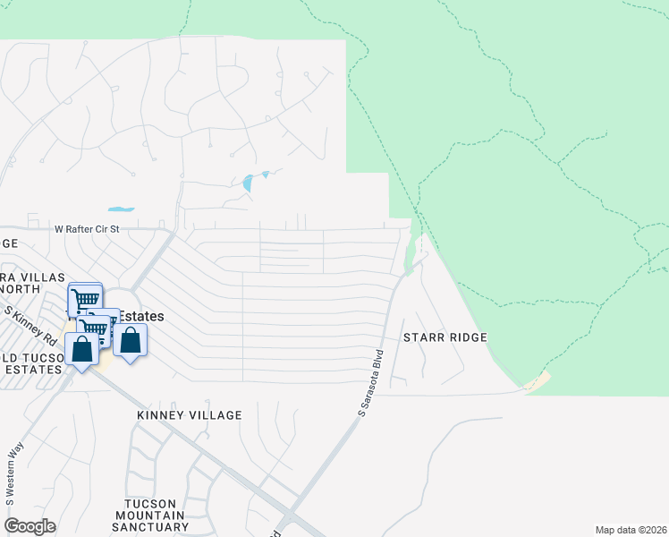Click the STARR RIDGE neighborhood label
click(445, 337)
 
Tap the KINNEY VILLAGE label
click(190, 415)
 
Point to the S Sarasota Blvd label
click(370, 382)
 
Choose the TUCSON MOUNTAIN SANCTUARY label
click(154, 516)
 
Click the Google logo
click(30, 526)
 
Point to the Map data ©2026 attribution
click(631, 530)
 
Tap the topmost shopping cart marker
click(85, 300)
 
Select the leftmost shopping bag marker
click(82, 348)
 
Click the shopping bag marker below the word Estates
click(131, 340)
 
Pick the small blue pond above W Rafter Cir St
click(121, 209)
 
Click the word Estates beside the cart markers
click(142, 316)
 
